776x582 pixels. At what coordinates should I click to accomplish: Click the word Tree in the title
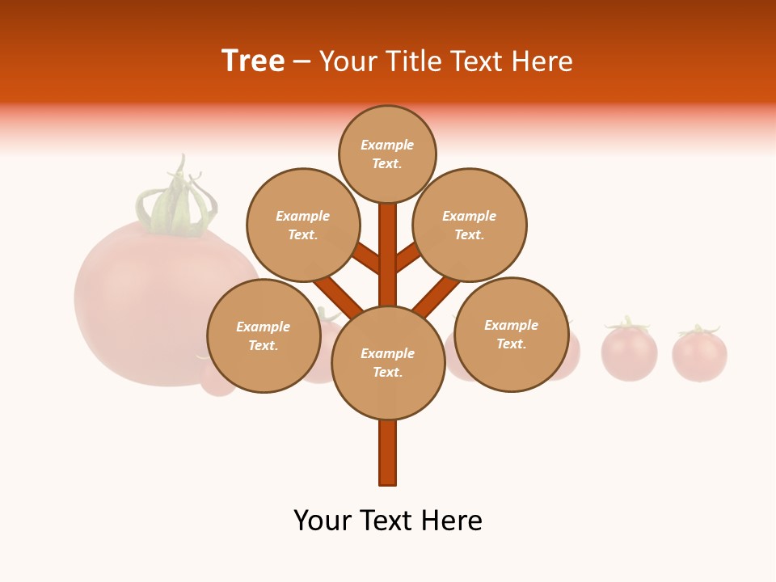pyautogui.click(x=253, y=61)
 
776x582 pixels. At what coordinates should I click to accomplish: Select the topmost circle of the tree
pyautogui.click(x=387, y=154)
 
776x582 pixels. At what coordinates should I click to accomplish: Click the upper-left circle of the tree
pyautogui.click(x=303, y=225)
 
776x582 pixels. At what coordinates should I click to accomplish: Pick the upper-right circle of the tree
pyautogui.click(x=470, y=225)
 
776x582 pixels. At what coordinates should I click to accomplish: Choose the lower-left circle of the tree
pyautogui.click(x=264, y=335)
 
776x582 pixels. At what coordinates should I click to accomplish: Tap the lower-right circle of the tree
pyautogui.click(x=511, y=334)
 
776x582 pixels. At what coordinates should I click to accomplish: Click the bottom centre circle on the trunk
pyautogui.click(x=387, y=362)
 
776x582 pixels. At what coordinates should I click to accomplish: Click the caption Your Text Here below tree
pyautogui.click(x=387, y=521)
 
